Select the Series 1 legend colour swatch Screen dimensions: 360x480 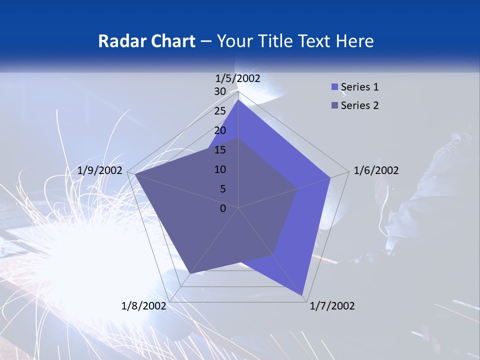coord(335,87)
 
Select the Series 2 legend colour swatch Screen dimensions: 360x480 coord(335,105)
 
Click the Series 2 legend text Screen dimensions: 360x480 coord(359,105)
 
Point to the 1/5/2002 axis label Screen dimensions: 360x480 coord(238,78)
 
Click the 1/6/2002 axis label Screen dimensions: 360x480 coord(376,170)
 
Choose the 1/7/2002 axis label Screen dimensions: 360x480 coord(332,306)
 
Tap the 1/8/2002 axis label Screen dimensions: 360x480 coord(144,306)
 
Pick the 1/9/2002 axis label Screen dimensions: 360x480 coord(100,170)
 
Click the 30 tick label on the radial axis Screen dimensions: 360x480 coord(220,91)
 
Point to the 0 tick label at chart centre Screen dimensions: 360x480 coord(223,208)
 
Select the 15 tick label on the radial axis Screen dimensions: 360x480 coord(220,150)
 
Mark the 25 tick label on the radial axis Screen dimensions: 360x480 coord(220,111)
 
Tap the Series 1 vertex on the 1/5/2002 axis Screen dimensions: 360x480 coord(238,99)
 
